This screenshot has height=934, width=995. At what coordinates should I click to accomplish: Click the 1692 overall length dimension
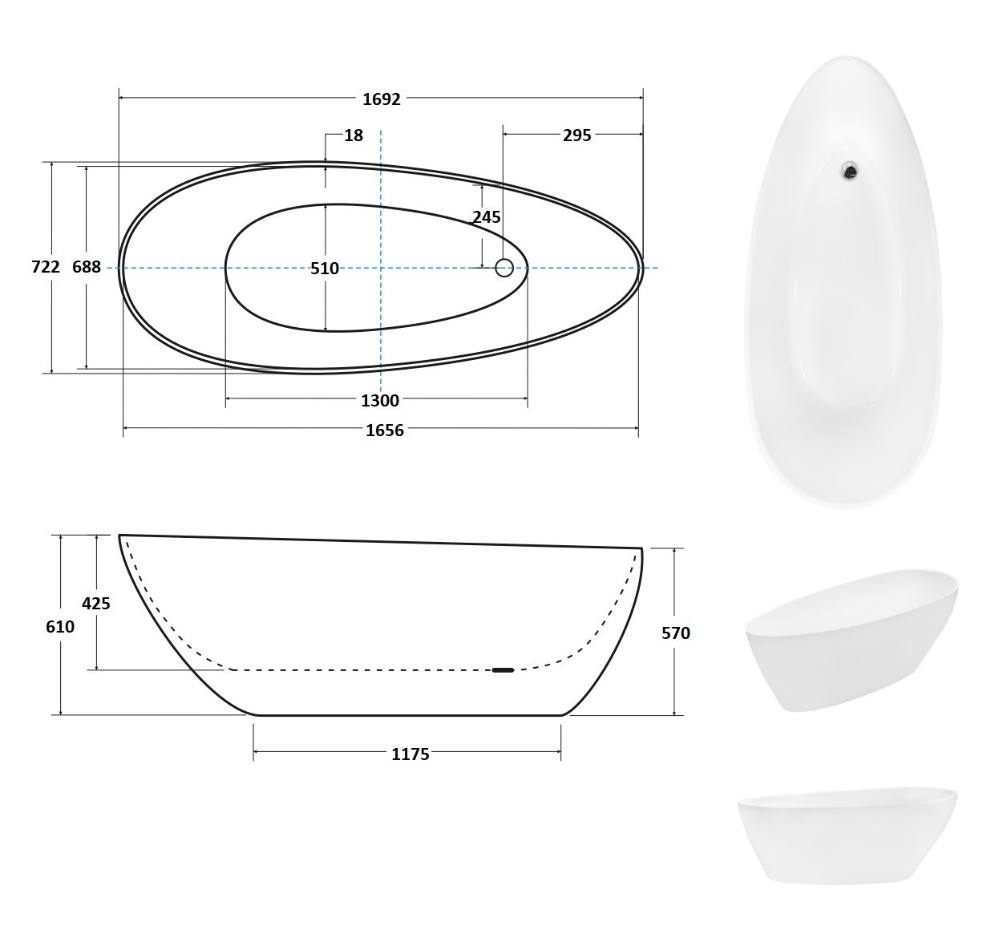[382, 99]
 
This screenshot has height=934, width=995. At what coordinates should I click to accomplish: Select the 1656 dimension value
[384, 430]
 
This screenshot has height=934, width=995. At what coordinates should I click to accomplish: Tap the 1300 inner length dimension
[380, 400]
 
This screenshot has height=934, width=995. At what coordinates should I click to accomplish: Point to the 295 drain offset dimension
[576, 135]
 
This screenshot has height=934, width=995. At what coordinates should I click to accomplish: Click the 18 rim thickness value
[354, 135]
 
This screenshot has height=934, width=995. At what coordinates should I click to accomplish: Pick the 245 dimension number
[487, 216]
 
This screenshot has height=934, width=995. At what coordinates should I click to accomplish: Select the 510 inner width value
[324, 268]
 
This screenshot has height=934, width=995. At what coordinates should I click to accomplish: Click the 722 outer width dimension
[46, 266]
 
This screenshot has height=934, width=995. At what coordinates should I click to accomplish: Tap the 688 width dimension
[86, 266]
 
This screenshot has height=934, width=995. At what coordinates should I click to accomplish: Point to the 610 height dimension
[59, 626]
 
